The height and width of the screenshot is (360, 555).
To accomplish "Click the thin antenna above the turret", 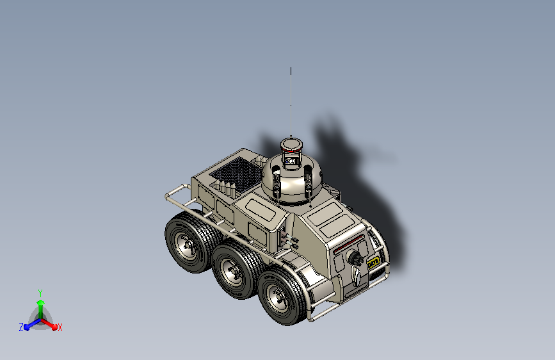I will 291,102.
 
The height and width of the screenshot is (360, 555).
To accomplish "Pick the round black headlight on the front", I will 355,258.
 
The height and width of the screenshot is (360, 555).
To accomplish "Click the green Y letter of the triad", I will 40,292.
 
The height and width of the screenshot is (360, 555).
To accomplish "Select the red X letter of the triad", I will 60,328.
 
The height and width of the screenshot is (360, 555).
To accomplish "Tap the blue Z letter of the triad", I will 21,327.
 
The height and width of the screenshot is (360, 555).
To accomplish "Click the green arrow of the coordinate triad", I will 40,306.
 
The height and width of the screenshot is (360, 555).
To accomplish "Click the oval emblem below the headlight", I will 356,276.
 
